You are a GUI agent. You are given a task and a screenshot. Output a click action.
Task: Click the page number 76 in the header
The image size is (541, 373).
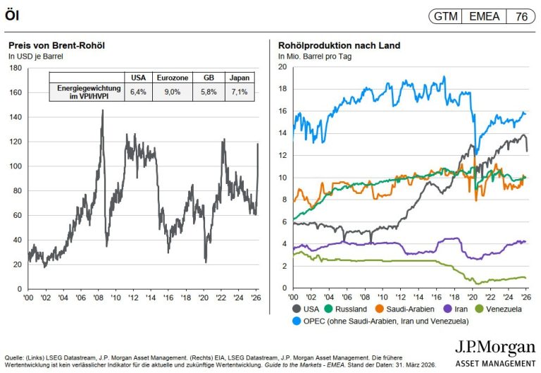522,16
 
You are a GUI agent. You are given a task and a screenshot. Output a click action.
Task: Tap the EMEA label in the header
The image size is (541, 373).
484,16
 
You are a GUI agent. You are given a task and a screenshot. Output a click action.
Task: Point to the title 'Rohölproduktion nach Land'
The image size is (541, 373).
340,46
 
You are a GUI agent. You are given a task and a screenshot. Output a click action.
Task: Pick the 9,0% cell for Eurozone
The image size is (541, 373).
167,92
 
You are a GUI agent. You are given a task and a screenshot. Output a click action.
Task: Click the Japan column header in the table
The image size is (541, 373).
239,78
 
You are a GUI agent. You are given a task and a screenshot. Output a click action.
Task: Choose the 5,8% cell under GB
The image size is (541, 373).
203,92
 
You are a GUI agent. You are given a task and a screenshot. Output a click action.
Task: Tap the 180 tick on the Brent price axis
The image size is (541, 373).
15,68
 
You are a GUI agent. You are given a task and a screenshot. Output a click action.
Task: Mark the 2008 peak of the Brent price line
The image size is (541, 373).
102,111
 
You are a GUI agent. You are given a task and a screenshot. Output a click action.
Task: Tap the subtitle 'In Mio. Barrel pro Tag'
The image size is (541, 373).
315,56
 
